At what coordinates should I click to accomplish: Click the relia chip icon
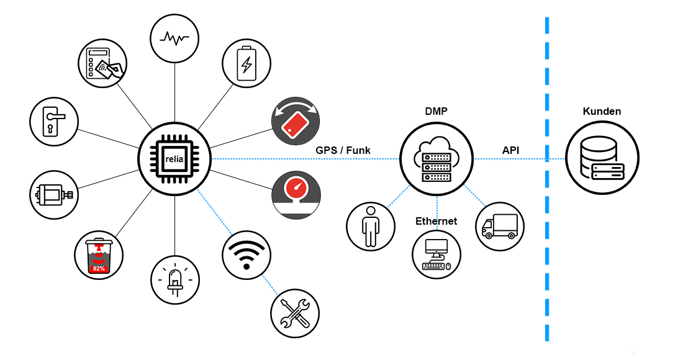pyautogui.click(x=174, y=159)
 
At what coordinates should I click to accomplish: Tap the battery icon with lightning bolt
pyautogui.click(x=247, y=63)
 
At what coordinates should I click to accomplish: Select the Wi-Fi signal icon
pyautogui.click(x=247, y=254)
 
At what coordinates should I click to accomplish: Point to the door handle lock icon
pyautogui.click(x=54, y=120)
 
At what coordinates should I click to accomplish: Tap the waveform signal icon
pyautogui.click(x=174, y=38)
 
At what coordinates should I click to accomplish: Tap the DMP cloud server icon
pyautogui.click(x=436, y=159)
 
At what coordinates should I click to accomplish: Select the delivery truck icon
pyautogui.click(x=500, y=226)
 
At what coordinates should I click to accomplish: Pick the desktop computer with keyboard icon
pyautogui.click(x=436, y=254)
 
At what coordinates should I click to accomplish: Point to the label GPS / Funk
pyautogui.click(x=343, y=150)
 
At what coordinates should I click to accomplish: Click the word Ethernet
pyautogui.click(x=436, y=221)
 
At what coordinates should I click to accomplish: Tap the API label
pyautogui.click(x=510, y=150)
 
